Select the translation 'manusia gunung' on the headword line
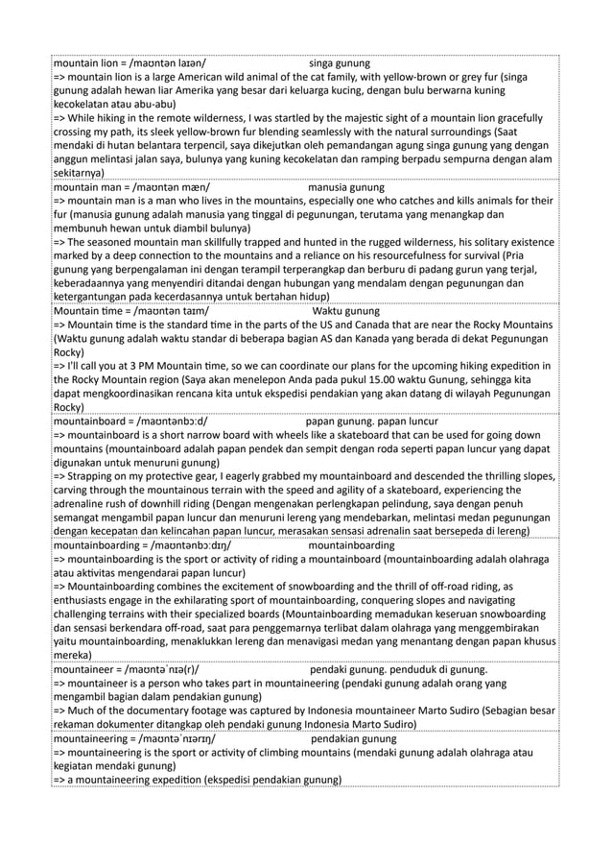[347, 187]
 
